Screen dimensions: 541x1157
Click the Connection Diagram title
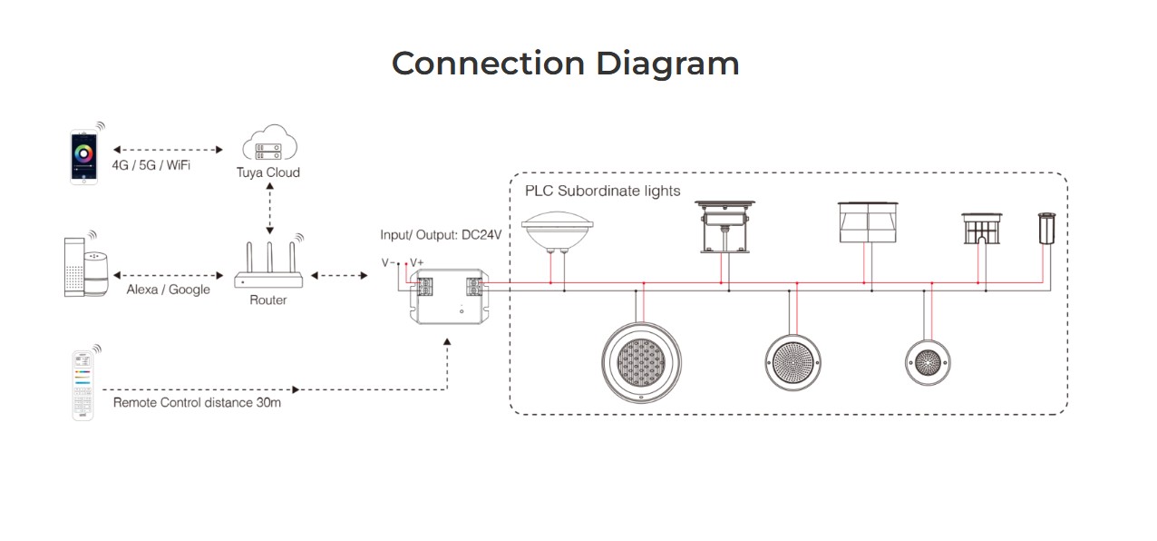[565, 64]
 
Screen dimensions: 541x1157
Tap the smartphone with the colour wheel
[83, 156]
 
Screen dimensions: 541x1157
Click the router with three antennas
[268, 268]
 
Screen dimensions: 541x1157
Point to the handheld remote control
[84, 385]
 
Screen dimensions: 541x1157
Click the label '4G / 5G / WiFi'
[151, 166]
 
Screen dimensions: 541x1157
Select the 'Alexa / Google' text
[168, 290]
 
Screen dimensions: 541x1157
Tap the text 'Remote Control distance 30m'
[197, 401]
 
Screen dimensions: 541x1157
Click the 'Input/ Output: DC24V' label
[441, 235]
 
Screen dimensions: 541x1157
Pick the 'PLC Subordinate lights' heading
[602, 192]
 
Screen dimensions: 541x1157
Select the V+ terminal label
[416, 262]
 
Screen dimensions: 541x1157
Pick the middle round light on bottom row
[794, 362]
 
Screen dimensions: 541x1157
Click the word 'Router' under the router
[268, 300]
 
